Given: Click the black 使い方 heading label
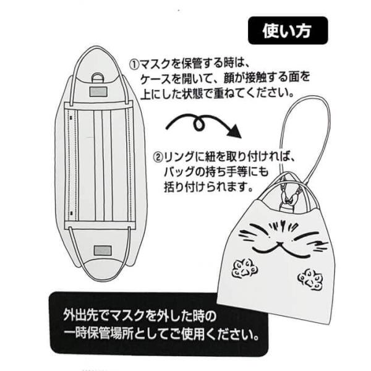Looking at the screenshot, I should pos(288,29).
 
